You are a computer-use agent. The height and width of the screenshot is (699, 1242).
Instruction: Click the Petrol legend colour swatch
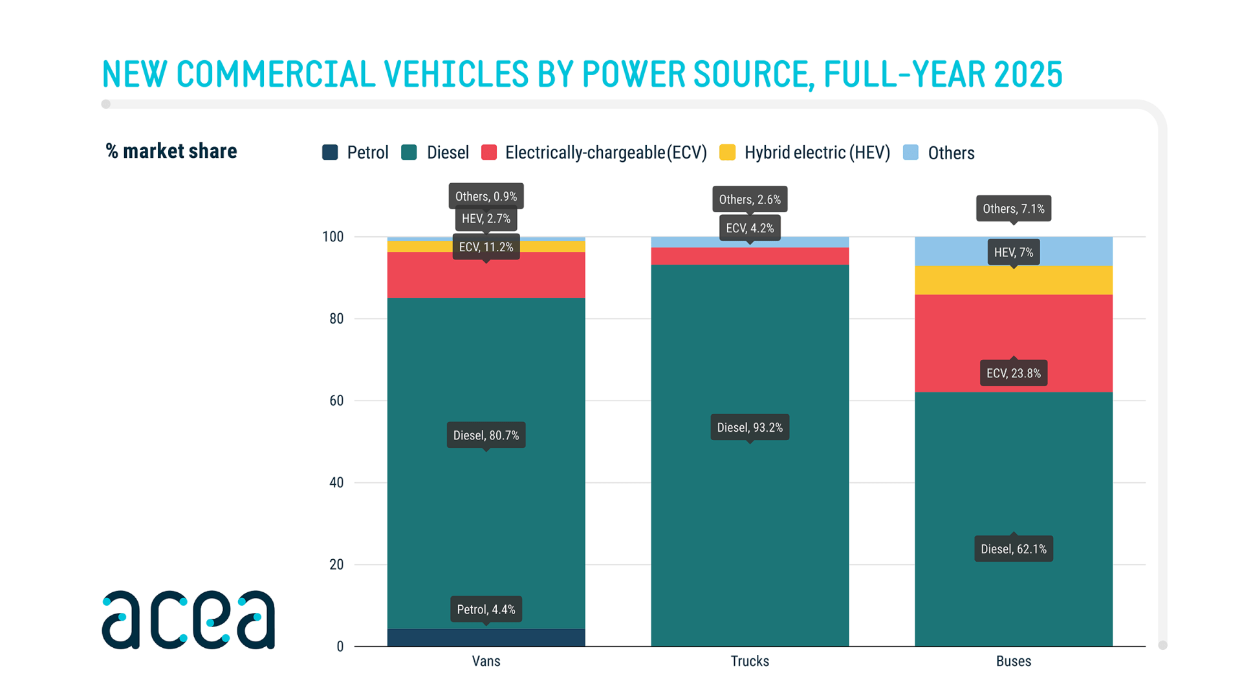[x=330, y=153]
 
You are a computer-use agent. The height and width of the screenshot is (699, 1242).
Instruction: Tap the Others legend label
[x=950, y=153]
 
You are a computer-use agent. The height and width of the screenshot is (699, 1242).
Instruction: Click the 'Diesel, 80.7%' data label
[x=486, y=435]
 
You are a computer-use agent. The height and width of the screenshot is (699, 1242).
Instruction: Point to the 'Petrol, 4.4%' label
[x=486, y=609]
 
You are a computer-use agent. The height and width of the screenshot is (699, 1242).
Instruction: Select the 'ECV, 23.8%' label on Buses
[x=1013, y=373]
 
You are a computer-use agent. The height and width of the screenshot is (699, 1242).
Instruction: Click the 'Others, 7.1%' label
[x=1013, y=208]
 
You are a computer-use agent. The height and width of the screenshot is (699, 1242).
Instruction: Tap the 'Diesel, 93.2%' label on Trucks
[x=750, y=427]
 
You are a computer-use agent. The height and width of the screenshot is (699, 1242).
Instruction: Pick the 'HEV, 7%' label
[x=1013, y=252]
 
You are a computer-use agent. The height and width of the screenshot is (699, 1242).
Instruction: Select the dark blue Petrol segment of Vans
[x=486, y=638]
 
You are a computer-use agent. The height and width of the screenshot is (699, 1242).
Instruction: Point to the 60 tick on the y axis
[x=336, y=401]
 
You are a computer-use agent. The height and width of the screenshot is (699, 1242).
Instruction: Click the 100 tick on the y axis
[x=333, y=237]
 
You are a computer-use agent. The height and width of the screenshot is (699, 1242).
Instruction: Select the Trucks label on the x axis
[x=750, y=661]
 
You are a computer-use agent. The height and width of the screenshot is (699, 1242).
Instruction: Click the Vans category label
[x=486, y=661]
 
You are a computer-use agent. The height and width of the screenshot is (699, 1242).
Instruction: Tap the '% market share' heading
[x=171, y=151]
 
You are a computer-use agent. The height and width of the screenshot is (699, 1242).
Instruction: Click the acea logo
[x=188, y=619]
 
